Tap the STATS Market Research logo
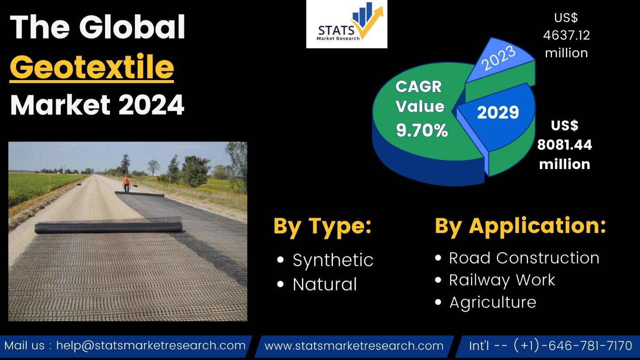tap(346, 24)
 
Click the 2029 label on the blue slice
tap(498, 112)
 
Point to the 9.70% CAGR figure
tap(422, 131)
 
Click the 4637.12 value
tap(567, 35)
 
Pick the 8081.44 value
tap(564, 145)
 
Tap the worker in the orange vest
tap(126, 184)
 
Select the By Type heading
tap(323, 226)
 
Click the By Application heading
tap(520, 226)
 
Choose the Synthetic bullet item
tap(333, 260)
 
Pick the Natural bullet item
tap(325, 284)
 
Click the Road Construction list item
tap(524, 258)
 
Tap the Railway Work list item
tap(502, 280)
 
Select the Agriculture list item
tap(493, 302)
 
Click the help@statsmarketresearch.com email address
tap(151, 346)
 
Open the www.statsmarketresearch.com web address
tap(354, 346)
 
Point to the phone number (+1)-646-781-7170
tap(573, 345)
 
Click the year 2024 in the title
tap(152, 105)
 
